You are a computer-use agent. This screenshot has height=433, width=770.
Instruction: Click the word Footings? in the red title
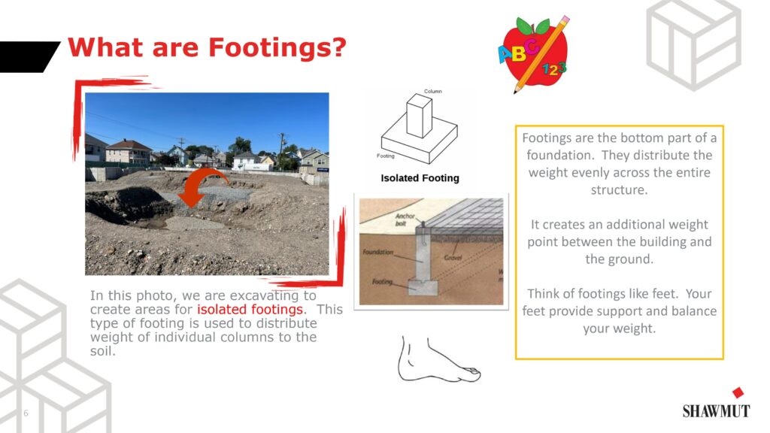(x=277, y=48)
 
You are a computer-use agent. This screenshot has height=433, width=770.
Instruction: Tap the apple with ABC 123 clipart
(x=533, y=53)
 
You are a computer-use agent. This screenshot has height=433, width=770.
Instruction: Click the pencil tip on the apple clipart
(x=516, y=91)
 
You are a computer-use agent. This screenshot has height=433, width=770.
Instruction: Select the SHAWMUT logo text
(x=716, y=411)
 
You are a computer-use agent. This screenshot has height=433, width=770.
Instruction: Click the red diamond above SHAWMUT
(x=738, y=392)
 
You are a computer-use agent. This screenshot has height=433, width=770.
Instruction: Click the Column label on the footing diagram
(x=432, y=91)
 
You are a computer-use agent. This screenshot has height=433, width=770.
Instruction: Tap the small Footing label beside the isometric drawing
(x=386, y=156)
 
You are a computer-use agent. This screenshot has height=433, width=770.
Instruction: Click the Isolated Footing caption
(x=420, y=178)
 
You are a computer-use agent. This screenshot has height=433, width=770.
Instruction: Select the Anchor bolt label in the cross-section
(x=405, y=220)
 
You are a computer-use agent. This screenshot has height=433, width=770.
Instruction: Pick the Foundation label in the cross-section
(x=377, y=252)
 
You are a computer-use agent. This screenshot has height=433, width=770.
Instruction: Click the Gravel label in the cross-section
(x=453, y=257)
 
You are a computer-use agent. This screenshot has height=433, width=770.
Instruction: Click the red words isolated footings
(x=250, y=309)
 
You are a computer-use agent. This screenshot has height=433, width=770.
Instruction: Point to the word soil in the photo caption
(x=102, y=351)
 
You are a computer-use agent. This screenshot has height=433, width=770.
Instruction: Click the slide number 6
(x=26, y=413)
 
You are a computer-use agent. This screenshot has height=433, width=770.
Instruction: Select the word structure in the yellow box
(x=619, y=190)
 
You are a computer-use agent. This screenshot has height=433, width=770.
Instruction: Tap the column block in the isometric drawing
(x=420, y=116)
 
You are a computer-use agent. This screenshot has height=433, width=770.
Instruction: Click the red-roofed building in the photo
(x=129, y=151)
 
